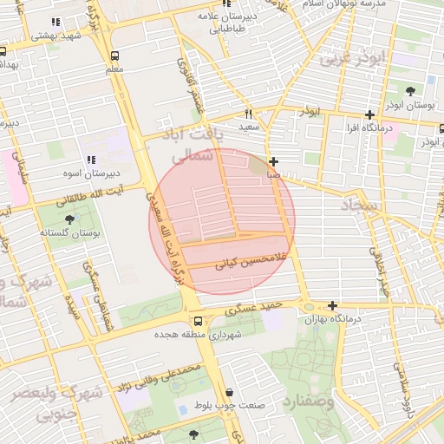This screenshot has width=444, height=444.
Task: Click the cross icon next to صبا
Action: (x=274, y=161)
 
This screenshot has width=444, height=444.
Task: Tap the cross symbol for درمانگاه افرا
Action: (x=370, y=114)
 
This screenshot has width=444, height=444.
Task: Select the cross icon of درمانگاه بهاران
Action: (x=332, y=305)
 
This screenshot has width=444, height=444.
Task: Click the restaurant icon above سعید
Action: (x=249, y=114)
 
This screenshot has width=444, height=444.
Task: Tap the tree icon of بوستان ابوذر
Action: (x=410, y=90)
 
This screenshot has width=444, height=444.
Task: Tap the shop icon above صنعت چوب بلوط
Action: (x=228, y=392)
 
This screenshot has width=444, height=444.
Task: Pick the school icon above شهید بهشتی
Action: (x=56, y=22)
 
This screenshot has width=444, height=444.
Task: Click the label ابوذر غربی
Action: (x=344, y=59)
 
